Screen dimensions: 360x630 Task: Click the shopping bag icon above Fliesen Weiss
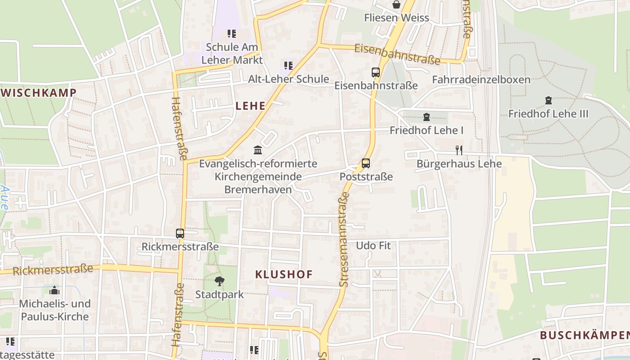click(x=396, y=5)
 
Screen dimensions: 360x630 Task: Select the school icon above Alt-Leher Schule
click(x=288, y=66)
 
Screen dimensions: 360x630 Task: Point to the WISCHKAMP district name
click(x=39, y=93)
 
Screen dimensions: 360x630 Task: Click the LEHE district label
click(x=250, y=106)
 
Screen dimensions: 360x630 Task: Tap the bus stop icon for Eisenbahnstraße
click(x=376, y=72)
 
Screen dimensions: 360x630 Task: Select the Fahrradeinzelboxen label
click(x=481, y=80)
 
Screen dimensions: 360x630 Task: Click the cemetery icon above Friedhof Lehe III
click(x=548, y=100)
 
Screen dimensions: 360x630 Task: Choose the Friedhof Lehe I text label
click(x=426, y=130)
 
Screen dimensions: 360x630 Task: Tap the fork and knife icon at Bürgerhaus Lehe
click(x=459, y=150)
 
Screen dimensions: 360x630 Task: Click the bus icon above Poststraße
click(x=366, y=163)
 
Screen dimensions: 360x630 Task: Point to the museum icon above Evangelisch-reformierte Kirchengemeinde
click(x=258, y=150)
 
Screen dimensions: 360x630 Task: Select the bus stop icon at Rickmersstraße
click(x=180, y=234)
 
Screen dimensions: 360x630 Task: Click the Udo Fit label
click(x=373, y=246)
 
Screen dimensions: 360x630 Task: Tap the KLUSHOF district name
click(x=283, y=274)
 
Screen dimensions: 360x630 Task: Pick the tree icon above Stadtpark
click(x=220, y=282)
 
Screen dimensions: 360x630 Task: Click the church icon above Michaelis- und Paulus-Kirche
click(x=54, y=290)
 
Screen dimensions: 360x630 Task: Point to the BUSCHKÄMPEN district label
click(x=584, y=335)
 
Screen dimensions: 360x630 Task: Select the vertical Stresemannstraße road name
click(x=344, y=240)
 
